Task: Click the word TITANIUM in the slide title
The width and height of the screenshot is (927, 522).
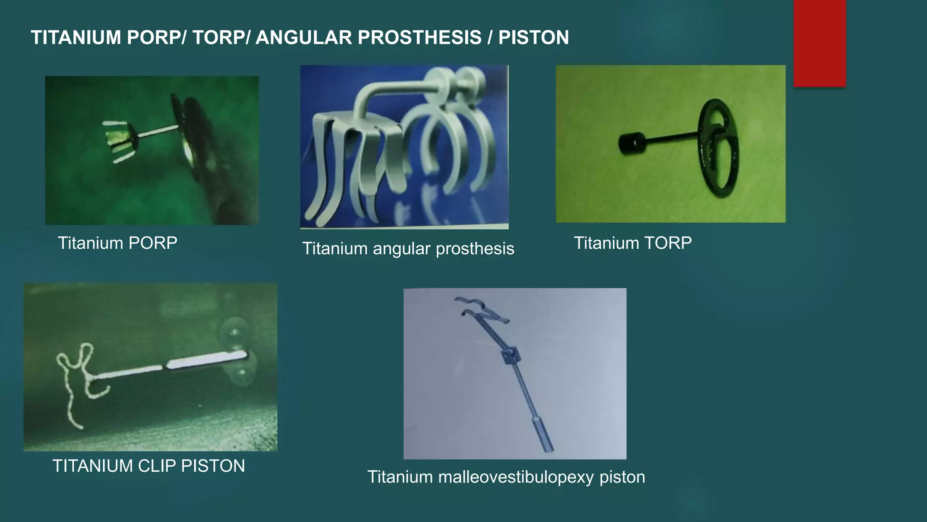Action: coord(76,38)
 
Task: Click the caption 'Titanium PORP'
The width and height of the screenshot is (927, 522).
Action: coord(117,243)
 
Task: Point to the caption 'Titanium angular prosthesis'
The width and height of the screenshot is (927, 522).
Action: coord(408,248)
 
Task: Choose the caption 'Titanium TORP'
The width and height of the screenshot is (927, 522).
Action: coord(632,243)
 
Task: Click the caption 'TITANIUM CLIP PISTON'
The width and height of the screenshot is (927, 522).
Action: coord(148,466)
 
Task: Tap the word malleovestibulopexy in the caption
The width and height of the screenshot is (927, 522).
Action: coord(516,477)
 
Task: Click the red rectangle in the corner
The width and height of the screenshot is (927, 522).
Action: coord(819,43)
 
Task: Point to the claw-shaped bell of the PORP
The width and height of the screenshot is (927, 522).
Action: coord(119,141)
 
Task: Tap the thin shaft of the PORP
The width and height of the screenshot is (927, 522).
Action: coord(156,131)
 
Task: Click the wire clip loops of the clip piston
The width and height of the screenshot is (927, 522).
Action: coord(79,376)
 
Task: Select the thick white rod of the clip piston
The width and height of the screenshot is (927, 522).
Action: coord(206,361)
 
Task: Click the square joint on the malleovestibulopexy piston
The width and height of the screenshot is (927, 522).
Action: coord(511,357)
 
